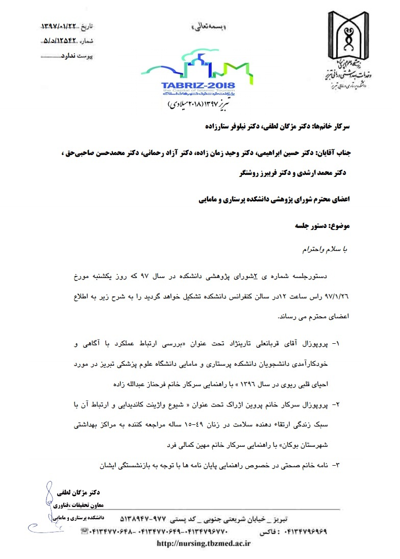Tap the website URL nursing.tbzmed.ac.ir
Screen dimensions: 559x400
[204, 543]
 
